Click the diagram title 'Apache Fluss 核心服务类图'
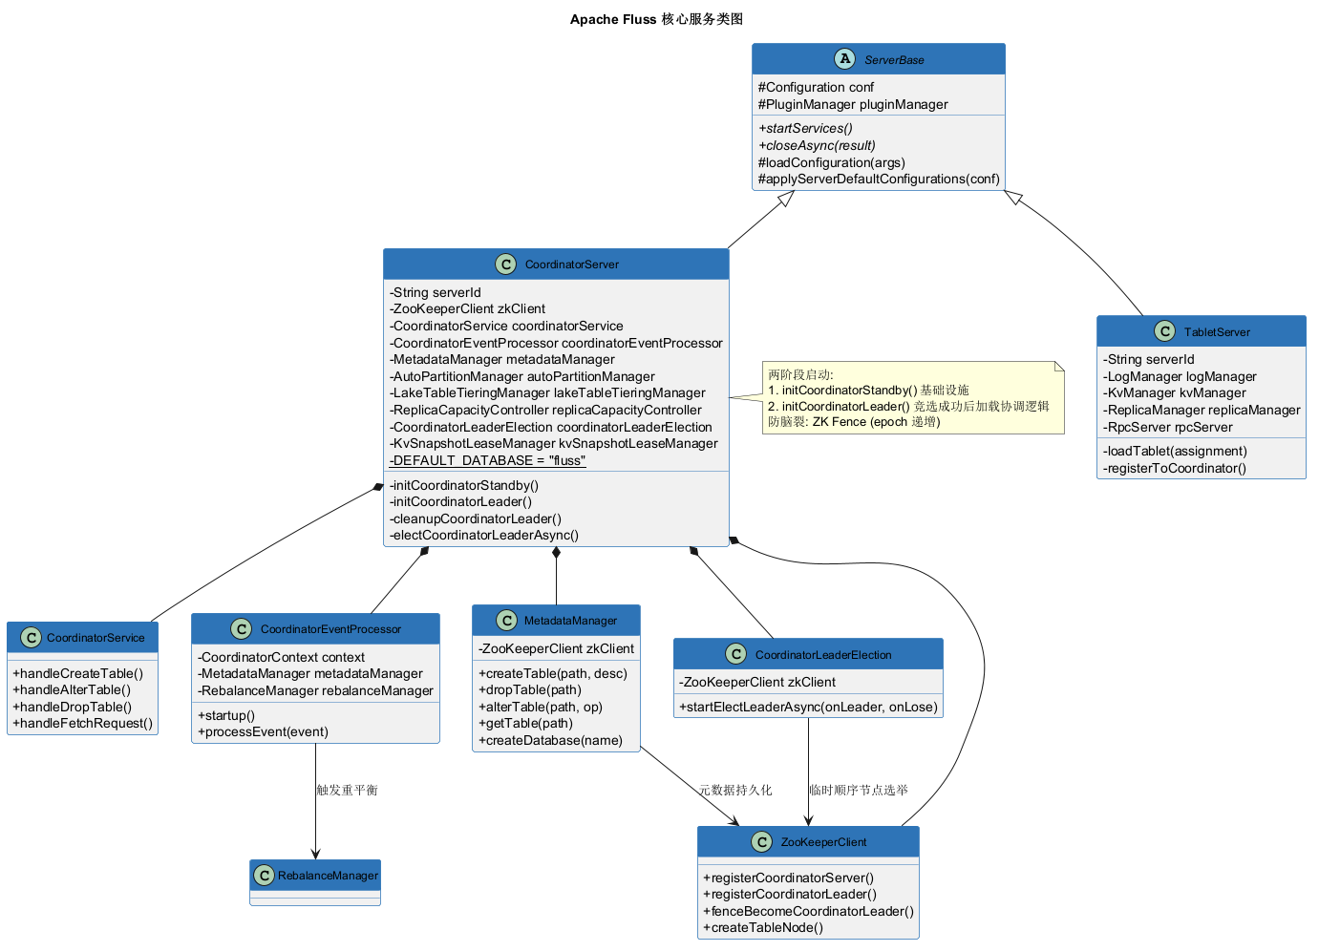click(x=656, y=19)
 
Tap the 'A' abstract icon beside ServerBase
click(x=845, y=59)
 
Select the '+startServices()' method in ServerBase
click(x=805, y=128)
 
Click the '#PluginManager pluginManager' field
click(x=853, y=105)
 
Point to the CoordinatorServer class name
click(x=572, y=264)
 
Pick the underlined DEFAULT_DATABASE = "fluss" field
click(x=487, y=460)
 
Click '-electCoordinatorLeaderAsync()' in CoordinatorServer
click(x=484, y=535)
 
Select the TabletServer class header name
click(x=1217, y=332)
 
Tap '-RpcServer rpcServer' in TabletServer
click(x=1168, y=428)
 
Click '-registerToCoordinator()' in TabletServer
click(x=1174, y=469)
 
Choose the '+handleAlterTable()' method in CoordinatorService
click(x=72, y=690)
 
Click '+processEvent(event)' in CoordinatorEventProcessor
click(x=264, y=731)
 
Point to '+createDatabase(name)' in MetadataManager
click(x=550, y=741)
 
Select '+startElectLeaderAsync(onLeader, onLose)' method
click(x=808, y=708)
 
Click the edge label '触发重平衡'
click(x=348, y=790)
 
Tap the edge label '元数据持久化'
click(x=735, y=790)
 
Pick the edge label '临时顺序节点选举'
click(x=859, y=790)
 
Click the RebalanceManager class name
click(x=328, y=876)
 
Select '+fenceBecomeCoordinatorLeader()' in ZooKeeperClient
click(x=808, y=911)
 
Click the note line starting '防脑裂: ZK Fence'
click(x=854, y=422)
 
